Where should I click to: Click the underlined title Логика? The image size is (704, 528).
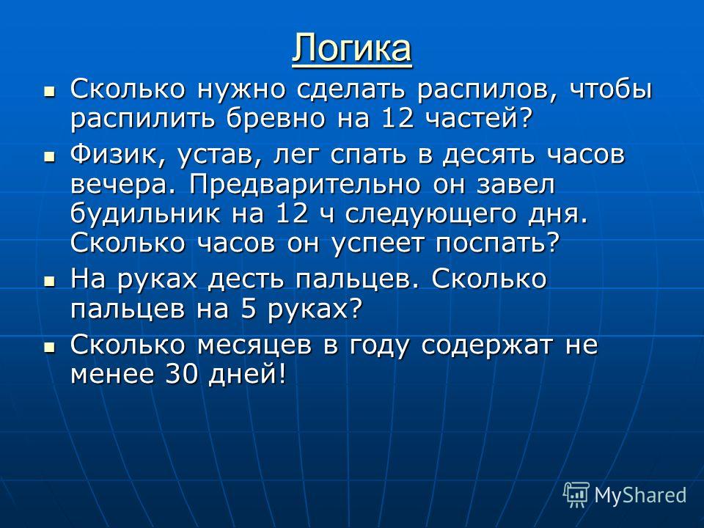(x=352, y=48)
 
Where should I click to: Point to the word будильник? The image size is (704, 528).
(x=145, y=213)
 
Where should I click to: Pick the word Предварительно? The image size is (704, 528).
(x=305, y=185)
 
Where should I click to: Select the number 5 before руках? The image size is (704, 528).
(x=249, y=309)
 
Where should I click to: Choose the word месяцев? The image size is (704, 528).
(x=254, y=345)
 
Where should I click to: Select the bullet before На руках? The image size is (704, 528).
(x=49, y=282)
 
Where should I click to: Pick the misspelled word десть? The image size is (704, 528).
(x=246, y=279)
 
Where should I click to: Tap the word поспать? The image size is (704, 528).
(x=498, y=243)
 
